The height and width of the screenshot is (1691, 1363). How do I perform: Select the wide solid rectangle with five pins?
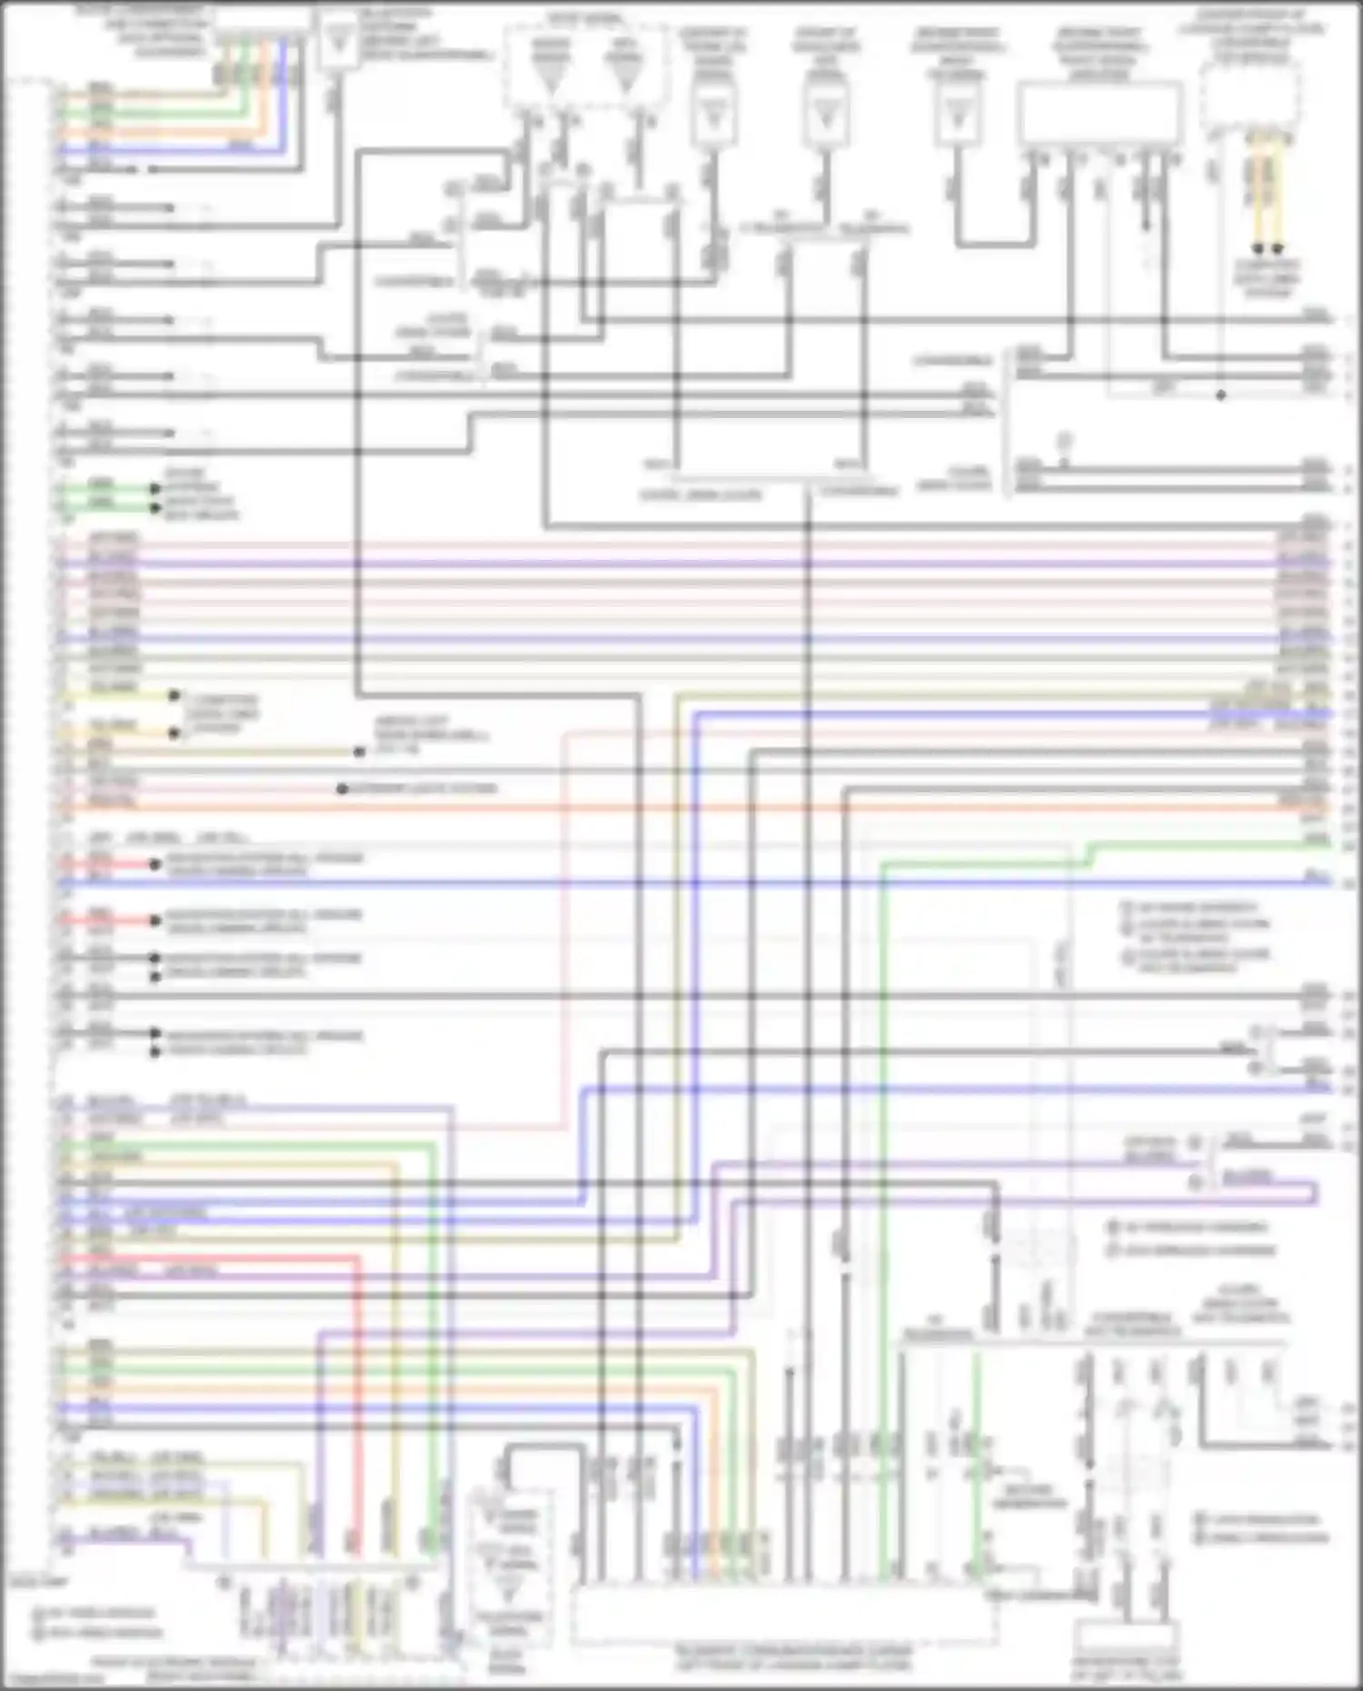pos(1099,114)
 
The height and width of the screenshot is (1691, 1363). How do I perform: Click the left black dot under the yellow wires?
pos(1258,247)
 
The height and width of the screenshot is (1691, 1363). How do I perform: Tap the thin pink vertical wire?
pos(563,927)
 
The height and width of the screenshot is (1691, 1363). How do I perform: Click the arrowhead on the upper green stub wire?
pos(154,489)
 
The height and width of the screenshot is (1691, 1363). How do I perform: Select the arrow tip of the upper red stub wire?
pos(154,864)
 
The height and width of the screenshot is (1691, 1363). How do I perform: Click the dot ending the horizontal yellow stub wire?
pos(174,696)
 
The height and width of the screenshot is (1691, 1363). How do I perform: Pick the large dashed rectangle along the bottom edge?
pos(783,1613)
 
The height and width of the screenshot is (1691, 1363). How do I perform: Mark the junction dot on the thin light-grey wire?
pos(1220,395)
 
